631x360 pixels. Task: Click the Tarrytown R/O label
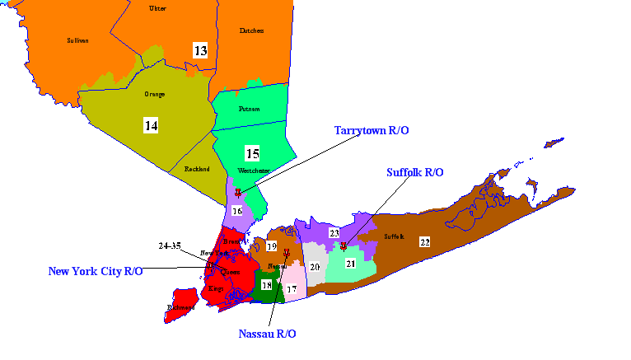(x=372, y=130)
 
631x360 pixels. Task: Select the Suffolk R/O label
(x=415, y=172)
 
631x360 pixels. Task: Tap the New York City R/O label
(x=96, y=270)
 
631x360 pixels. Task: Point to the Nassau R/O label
(x=267, y=334)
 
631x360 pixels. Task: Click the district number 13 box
(x=201, y=50)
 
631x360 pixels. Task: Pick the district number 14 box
(x=151, y=125)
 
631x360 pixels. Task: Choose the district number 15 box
(x=252, y=152)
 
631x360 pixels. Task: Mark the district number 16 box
(x=237, y=211)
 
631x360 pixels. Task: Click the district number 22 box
(x=424, y=241)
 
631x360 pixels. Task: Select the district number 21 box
(x=350, y=263)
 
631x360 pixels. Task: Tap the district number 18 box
(x=266, y=284)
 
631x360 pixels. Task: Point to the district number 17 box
(x=292, y=289)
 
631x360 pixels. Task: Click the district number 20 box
(x=315, y=266)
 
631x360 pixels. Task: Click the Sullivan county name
(x=77, y=40)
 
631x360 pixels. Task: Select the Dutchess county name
(x=251, y=30)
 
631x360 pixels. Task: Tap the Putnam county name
(x=250, y=109)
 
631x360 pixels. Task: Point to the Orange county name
(x=154, y=94)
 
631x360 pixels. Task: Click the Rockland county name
(x=197, y=169)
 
